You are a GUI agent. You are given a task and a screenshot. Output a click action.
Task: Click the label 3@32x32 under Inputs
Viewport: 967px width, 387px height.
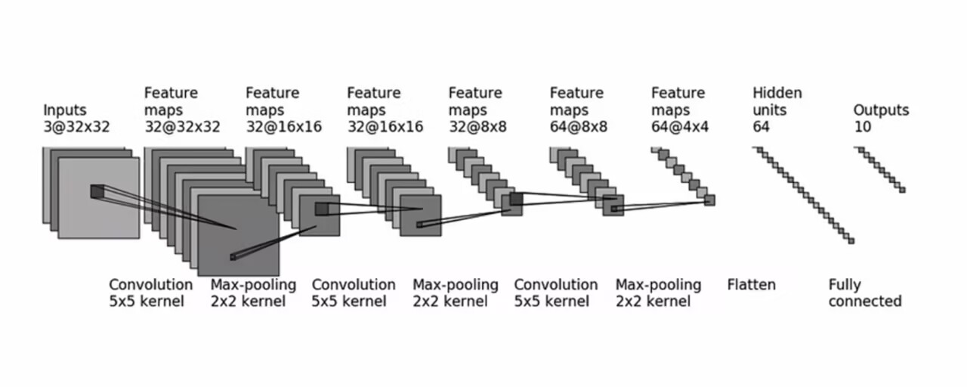pyautogui.click(x=76, y=127)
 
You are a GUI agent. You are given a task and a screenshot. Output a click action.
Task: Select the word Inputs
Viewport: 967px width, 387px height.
pyautogui.click(x=65, y=110)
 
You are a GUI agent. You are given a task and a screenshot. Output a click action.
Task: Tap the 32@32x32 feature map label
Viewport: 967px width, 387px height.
pyautogui.click(x=182, y=127)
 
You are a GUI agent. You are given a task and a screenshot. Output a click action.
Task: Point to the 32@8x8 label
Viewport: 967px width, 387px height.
pyautogui.click(x=477, y=127)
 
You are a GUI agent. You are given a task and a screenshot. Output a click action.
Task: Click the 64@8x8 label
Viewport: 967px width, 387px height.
pyautogui.click(x=579, y=127)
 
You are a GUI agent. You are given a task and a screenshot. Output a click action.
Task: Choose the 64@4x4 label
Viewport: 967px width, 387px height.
pyautogui.click(x=680, y=127)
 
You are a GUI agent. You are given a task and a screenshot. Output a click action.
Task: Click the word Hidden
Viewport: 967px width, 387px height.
pyautogui.click(x=777, y=94)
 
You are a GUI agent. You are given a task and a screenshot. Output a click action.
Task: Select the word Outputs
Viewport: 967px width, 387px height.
pyautogui.click(x=881, y=110)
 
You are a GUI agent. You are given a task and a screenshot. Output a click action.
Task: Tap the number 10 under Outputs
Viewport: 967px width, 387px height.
pyautogui.click(x=862, y=127)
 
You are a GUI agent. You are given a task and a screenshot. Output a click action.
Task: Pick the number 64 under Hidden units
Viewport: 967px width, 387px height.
pyautogui.click(x=761, y=127)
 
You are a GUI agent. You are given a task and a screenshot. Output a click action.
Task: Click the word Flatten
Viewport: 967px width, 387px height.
pyautogui.click(x=751, y=285)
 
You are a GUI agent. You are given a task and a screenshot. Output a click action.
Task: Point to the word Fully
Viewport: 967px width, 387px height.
pyautogui.click(x=844, y=285)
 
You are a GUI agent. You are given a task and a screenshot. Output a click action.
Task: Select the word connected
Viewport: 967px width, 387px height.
pyautogui.click(x=865, y=302)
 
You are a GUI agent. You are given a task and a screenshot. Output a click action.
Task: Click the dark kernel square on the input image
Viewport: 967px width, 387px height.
pyautogui.click(x=97, y=191)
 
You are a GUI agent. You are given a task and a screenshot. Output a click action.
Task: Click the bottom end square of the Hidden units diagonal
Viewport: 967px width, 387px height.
pyautogui.click(x=851, y=241)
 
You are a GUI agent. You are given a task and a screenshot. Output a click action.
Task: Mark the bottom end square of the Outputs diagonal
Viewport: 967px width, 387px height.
pyautogui.click(x=902, y=190)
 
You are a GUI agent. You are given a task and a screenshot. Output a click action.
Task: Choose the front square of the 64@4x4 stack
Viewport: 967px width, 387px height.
pyautogui.click(x=709, y=200)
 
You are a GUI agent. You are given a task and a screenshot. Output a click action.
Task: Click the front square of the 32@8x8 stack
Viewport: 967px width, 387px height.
pyautogui.click(x=511, y=205)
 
